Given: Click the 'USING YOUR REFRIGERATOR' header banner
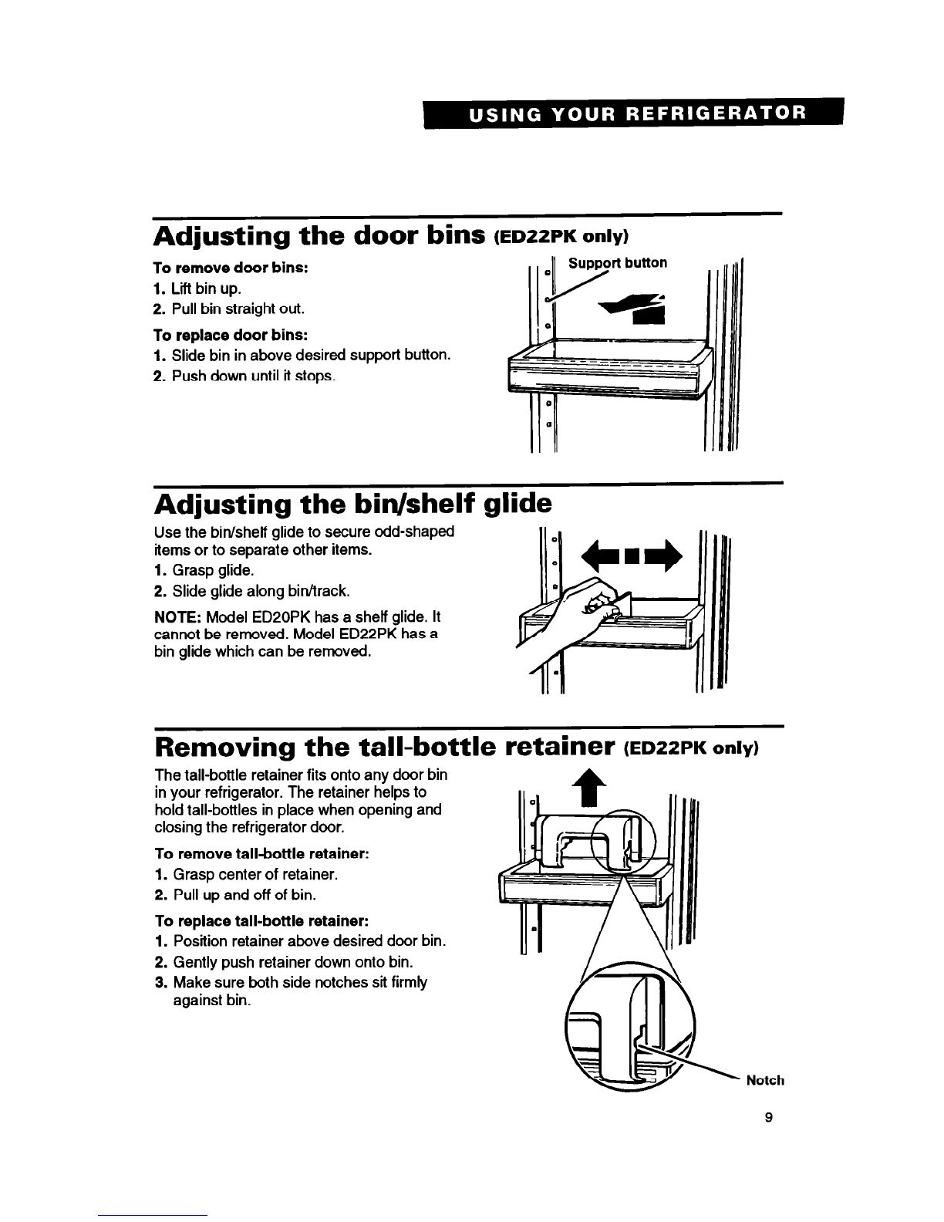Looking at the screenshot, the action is click(633, 113).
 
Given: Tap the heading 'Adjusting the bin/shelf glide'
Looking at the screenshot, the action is click(353, 504).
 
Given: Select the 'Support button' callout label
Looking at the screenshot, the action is click(617, 263).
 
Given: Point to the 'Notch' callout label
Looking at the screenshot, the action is click(764, 1080).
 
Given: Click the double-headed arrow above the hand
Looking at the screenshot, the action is click(632, 556).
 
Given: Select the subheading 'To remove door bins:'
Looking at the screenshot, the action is click(231, 268).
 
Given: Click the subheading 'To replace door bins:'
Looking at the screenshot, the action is click(231, 335).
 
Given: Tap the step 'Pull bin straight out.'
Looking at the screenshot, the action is click(229, 309).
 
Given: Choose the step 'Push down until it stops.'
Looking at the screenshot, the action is click(244, 376).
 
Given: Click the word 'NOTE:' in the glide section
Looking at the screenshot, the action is click(177, 617).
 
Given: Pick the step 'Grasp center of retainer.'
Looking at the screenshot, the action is click(247, 875).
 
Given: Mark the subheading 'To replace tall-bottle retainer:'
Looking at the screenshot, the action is click(262, 921).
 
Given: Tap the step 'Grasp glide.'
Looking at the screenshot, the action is click(204, 570).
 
